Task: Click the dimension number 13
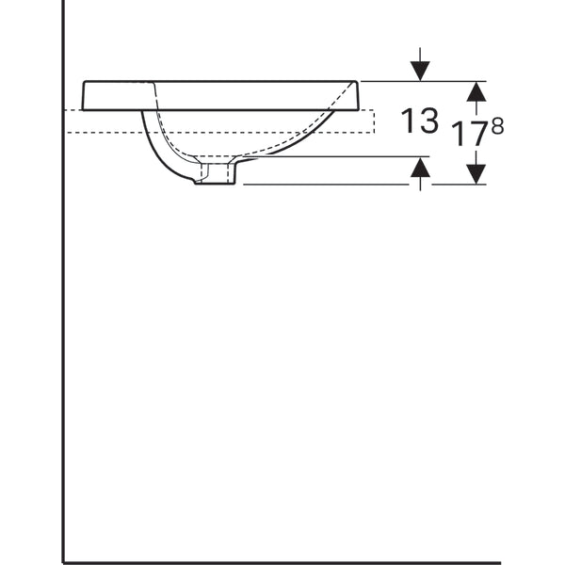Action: pos(420,121)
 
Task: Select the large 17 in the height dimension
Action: pos(467,134)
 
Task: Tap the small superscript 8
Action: pos(496,125)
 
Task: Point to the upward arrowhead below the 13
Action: pos(420,168)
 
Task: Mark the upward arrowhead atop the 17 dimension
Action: pos(476,91)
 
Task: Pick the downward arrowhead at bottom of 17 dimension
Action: pos(476,173)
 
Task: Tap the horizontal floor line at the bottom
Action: pos(282,562)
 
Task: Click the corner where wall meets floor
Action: pos(64,562)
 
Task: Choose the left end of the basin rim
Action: pos(85,95)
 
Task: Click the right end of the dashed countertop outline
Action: pos(374,121)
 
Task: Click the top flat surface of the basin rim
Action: pos(217,82)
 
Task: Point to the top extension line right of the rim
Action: pos(414,82)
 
